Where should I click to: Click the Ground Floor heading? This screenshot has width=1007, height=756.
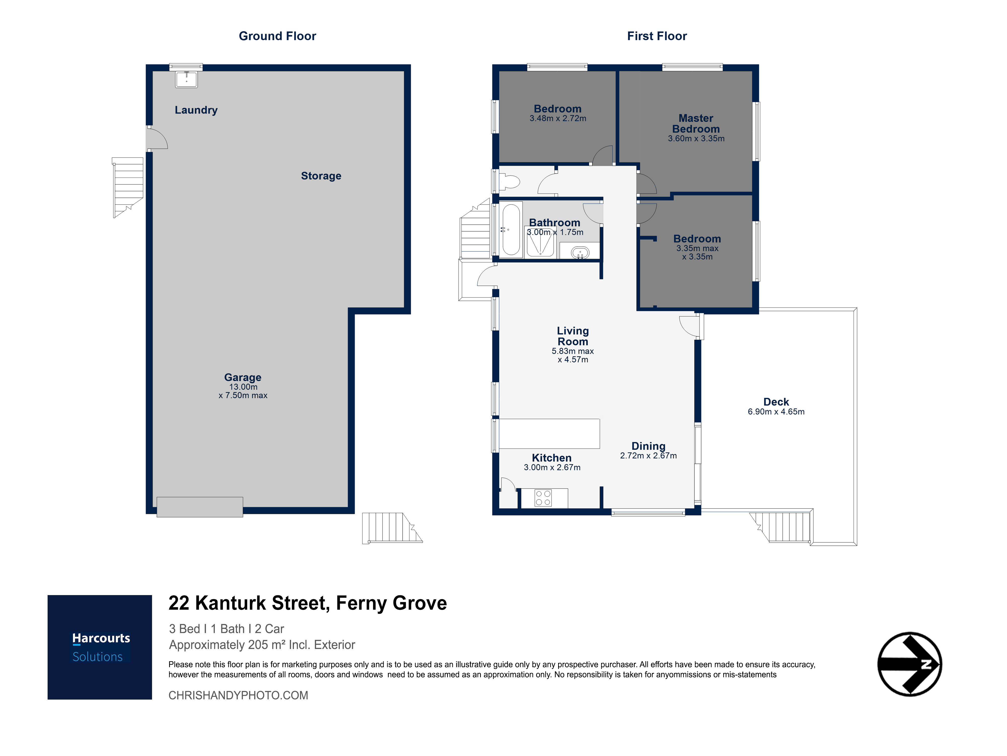point(277,36)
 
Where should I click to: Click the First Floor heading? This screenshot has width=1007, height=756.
point(657,36)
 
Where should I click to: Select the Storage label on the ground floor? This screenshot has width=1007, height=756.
point(321,176)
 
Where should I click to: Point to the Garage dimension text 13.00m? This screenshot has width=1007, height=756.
point(243,387)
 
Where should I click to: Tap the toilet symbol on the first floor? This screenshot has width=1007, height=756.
point(510,182)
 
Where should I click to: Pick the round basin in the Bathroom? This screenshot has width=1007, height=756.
point(580,252)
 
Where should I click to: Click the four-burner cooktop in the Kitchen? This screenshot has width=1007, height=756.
point(543,498)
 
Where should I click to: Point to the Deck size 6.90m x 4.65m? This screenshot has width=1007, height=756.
point(776,412)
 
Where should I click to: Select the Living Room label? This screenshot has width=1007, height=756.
point(573,336)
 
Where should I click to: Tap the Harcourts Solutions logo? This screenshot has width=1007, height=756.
point(100,647)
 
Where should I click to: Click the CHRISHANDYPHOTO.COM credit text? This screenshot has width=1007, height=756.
point(238,695)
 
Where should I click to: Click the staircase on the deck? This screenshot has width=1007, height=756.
point(781,527)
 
